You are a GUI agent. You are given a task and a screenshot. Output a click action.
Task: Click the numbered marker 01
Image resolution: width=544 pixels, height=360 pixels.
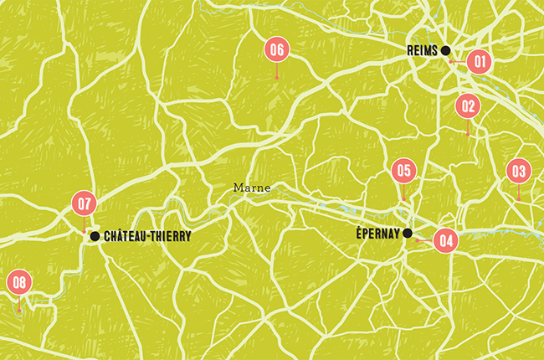pyautogui.click(x=478, y=61)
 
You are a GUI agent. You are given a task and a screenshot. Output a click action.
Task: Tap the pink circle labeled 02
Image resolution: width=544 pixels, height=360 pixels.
pyautogui.click(x=467, y=106)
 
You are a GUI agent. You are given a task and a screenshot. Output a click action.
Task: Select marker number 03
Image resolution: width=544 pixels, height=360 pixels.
pyautogui.click(x=518, y=172)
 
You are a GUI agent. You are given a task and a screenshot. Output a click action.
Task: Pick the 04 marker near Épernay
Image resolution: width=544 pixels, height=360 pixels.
pyautogui.click(x=445, y=240)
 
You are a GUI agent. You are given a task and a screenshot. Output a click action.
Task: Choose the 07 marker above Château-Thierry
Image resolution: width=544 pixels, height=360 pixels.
pyautogui.click(x=85, y=203)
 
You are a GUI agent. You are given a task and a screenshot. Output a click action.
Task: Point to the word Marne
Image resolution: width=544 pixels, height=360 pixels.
pyautogui.click(x=252, y=188)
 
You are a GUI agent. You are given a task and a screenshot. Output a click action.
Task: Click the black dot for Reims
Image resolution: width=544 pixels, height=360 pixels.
pyautogui.click(x=447, y=49)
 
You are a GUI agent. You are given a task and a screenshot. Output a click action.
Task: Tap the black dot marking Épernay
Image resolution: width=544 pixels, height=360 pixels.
pyautogui.click(x=408, y=233)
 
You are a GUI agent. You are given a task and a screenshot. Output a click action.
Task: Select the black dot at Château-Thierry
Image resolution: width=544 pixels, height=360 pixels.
pyautogui.click(x=95, y=237)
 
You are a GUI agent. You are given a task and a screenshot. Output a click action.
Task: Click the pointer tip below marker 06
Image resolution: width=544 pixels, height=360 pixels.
pyautogui.click(x=277, y=78)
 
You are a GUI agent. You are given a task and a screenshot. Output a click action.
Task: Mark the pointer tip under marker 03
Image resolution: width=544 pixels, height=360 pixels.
pyautogui.click(x=518, y=198)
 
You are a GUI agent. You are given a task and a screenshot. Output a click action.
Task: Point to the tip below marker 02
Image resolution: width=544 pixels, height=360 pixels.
pyautogui.click(x=468, y=134)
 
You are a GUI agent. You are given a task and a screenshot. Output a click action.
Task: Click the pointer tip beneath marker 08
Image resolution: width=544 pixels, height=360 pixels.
pyautogui.click(x=18, y=311)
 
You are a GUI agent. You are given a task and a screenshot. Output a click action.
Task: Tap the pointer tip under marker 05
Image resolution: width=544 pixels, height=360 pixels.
pyautogui.click(x=403, y=198)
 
